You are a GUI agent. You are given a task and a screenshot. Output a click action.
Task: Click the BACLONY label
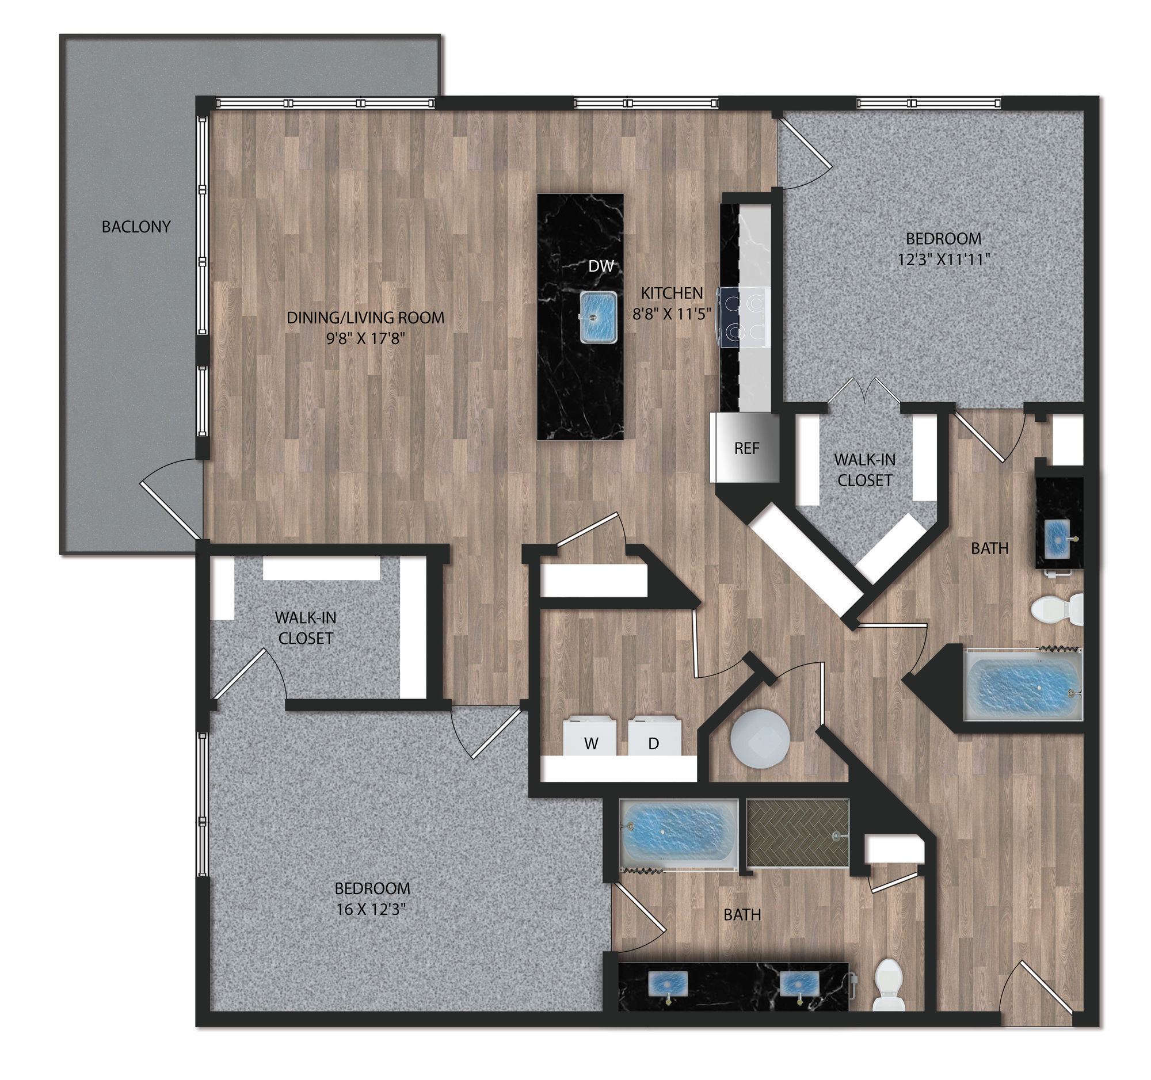[136, 227]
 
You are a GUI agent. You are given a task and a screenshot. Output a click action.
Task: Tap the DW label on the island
[600, 266]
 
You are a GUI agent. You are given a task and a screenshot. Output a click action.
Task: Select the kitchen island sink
[598, 318]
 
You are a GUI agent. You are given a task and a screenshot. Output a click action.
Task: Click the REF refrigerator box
[746, 448]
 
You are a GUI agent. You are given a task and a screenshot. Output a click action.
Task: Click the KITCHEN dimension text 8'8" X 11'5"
[672, 314]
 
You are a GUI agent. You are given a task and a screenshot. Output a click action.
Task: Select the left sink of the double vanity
[669, 983]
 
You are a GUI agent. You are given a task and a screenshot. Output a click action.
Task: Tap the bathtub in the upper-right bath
[1023, 685]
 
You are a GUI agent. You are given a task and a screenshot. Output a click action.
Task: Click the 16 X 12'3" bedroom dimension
[371, 909]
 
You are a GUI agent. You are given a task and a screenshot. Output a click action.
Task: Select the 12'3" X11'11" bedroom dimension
[943, 259]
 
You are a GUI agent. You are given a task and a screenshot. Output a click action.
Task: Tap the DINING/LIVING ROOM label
[365, 317]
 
